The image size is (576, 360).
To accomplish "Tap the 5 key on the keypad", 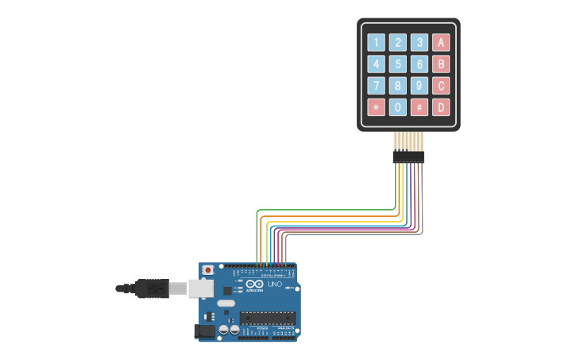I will click(397, 64).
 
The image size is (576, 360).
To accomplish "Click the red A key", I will click(441, 43).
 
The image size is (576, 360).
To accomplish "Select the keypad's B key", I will click(441, 64).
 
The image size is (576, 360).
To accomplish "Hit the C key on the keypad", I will click(441, 86).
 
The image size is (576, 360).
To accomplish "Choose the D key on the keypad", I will click(441, 107).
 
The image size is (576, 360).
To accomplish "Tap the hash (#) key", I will click(419, 107).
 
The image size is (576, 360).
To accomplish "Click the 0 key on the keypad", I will click(397, 107).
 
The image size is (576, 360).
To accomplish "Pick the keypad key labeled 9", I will click(419, 86).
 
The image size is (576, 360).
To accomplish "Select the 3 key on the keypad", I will click(419, 43).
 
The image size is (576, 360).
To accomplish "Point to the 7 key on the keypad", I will click(376, 86).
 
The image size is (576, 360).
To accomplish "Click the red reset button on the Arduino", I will click(208, 270).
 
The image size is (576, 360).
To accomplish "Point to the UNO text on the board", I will click(274, 285).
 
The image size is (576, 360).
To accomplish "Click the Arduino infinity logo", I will click(254, 284).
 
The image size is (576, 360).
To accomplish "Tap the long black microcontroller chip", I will click(267, 318).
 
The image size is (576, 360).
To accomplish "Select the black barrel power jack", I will click(205, 331).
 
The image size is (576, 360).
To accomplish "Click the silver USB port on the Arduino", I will click(200, 288).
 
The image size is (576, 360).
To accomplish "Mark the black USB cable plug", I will click(152, 288).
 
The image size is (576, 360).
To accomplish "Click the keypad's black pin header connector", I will click(408, 157).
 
